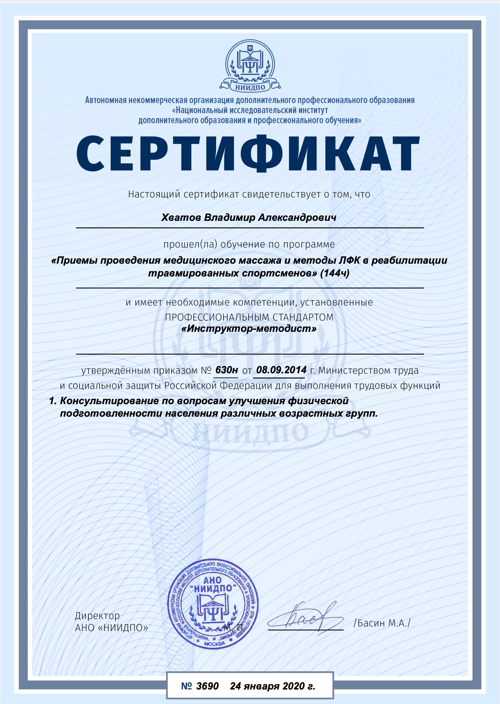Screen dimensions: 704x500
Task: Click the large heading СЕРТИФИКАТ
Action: [248, 154]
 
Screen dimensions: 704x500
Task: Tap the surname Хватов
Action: [181, 218]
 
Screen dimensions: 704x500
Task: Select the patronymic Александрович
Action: [297, 218]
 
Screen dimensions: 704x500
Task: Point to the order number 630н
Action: [226, 370]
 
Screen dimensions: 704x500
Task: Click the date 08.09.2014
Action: [281, 370]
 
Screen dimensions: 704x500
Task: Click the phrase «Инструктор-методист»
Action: [249, 328]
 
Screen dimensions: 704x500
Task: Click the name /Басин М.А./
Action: [382, 623]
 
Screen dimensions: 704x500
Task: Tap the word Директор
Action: [97, 616]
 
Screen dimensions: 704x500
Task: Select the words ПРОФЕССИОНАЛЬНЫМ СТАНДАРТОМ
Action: [249, 317]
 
